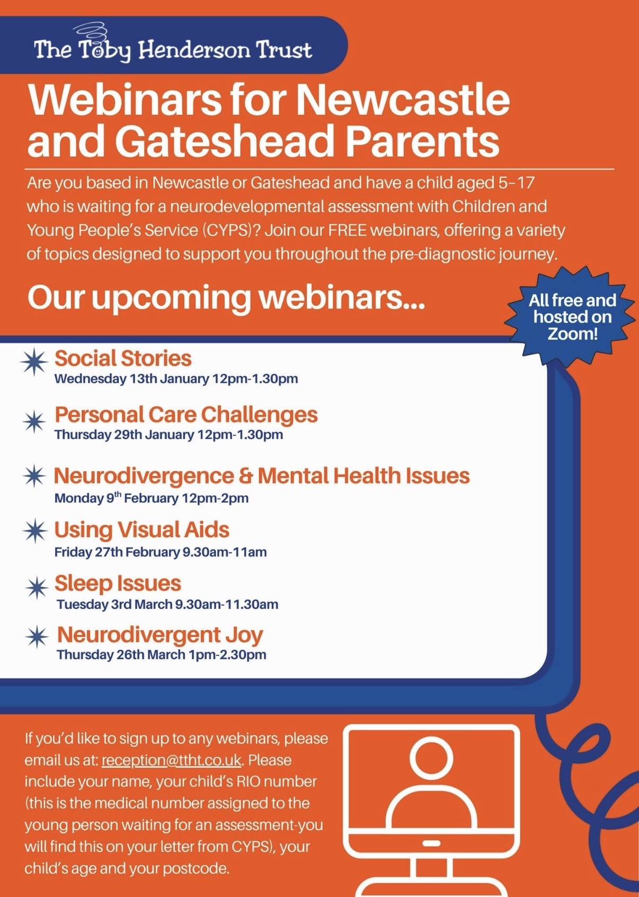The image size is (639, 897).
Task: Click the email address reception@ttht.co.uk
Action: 171,760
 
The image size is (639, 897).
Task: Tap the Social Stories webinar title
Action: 123,358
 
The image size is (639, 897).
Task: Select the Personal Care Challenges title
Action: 186,415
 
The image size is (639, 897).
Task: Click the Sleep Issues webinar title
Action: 118,584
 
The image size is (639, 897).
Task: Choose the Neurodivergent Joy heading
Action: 160,634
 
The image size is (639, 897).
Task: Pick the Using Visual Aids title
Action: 141,530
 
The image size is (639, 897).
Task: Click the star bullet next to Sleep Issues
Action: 37,587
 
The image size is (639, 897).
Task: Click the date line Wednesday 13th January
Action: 176,379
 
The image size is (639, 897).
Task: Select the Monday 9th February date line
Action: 152,498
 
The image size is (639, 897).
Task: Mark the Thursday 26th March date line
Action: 162,655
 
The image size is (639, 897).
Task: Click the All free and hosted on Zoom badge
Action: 572,317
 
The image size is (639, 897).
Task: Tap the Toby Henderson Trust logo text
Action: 173,50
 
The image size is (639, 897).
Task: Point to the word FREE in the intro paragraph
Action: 347,231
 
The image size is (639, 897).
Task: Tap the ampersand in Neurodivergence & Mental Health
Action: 245,476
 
